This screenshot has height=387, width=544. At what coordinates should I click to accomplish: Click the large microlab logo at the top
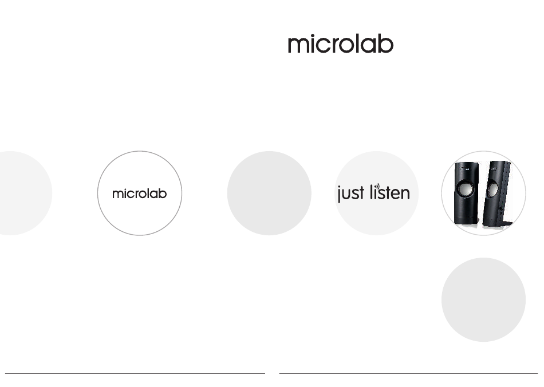pos(341,44)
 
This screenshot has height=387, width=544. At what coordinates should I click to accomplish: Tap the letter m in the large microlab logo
pos(299,45)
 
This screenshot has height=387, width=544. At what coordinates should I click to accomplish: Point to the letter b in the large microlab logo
pos(386,44)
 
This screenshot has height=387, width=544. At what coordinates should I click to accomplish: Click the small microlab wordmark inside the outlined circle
pos(140,193)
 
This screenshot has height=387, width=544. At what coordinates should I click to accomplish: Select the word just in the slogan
pos(351,193)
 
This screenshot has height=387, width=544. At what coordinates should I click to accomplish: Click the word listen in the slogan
pos(390,192)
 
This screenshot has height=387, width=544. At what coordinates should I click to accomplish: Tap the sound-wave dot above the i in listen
pos(377,186)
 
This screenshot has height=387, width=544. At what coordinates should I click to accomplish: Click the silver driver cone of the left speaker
pos(463,189)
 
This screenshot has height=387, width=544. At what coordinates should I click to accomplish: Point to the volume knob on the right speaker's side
pos(502,210)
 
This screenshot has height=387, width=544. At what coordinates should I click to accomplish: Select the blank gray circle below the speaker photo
pos(484,299)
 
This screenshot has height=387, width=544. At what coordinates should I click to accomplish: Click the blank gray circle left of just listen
pos(269,193)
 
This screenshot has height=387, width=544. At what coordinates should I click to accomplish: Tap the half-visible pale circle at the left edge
pos(25,193)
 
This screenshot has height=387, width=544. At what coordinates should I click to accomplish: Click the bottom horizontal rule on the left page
pos(135,373)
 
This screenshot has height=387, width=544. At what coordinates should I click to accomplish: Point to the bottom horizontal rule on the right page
pos(409,373)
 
